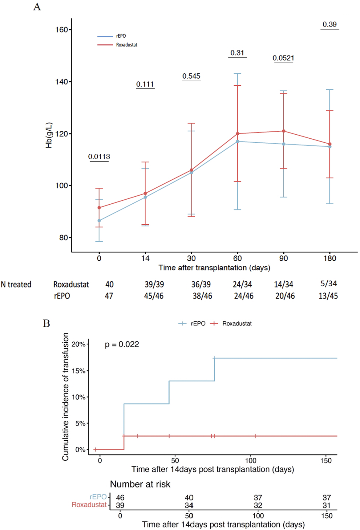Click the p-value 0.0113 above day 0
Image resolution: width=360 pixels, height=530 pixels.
point(99,157)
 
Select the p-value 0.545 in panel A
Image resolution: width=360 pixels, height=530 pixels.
point(191,76)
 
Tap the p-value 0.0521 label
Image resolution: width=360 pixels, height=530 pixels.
point(283,58)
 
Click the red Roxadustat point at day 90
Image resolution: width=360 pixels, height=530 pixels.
point(284,131)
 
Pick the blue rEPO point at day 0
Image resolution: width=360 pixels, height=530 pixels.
point(99,221)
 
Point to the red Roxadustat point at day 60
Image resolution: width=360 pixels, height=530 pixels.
point(237,134)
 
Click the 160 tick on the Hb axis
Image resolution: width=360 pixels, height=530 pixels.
point(61,30)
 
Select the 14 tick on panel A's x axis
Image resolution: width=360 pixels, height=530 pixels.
point(145,258)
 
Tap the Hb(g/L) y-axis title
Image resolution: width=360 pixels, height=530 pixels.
point(49,135)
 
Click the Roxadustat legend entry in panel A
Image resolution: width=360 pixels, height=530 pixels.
point(127,45)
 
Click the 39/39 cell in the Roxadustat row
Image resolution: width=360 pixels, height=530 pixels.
point(154,284)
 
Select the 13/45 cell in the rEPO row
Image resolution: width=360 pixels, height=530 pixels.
point(328,296)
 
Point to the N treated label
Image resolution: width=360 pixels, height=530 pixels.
point(16,284)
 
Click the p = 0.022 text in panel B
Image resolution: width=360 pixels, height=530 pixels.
point(122,344)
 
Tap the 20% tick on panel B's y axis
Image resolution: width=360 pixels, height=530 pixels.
point(78,344)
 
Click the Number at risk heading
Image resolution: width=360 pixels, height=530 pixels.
point(140,484)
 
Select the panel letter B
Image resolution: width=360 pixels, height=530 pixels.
point(47,324)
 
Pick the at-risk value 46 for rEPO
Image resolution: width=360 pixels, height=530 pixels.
point(120,497)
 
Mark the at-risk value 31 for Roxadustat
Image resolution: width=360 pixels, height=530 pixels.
point(326,505)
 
